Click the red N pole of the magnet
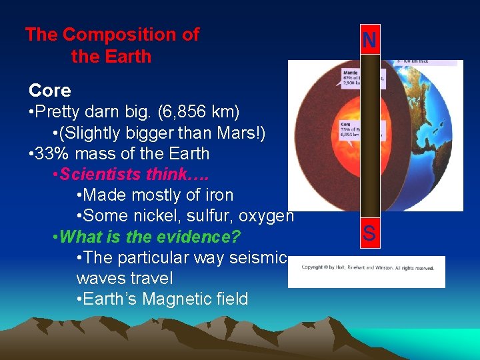(x=369, y=41)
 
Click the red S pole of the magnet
(x=369, y=234)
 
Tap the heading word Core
(x=49, y=90)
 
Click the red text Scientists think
(x=133, y=174)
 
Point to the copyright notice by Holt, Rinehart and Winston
(x=367, y=268)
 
